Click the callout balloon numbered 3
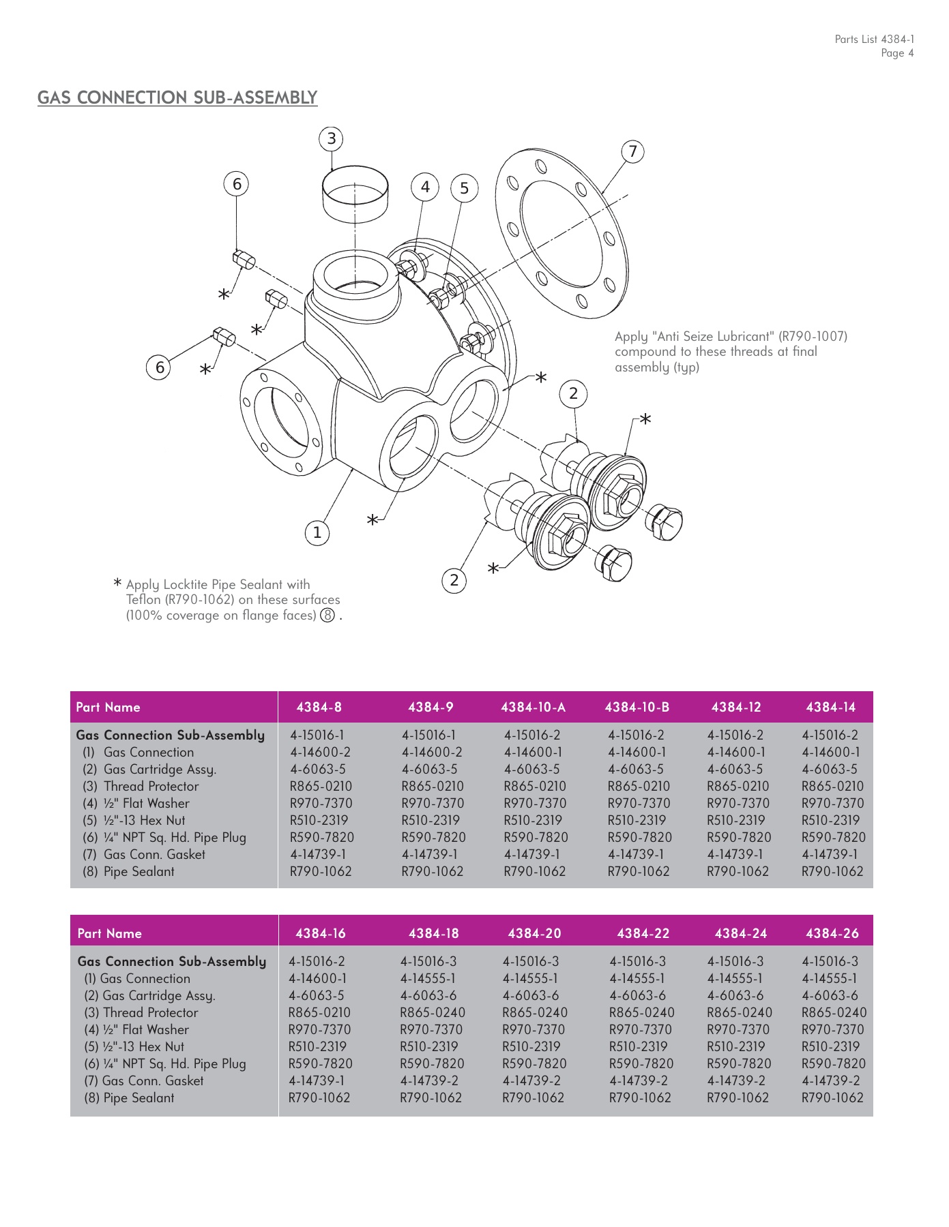click(331, 139)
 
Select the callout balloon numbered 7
click(632, 151)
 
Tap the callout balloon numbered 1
click(317, 533)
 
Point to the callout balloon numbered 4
click(425, 187)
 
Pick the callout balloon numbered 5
click(464, 189)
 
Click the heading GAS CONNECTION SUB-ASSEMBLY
click(177, 97)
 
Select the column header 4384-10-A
click(533, 708)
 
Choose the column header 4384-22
click(643, 934)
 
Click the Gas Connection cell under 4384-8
click(320, 753)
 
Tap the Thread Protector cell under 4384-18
click(433, 1013)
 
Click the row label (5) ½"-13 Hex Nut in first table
click(134, 821)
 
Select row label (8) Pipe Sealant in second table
click(129, 1098)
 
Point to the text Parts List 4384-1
click(874, 40)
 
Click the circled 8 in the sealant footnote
click(328, 616)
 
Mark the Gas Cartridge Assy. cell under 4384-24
click(738, 996)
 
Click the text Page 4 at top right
click(896, 54)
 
